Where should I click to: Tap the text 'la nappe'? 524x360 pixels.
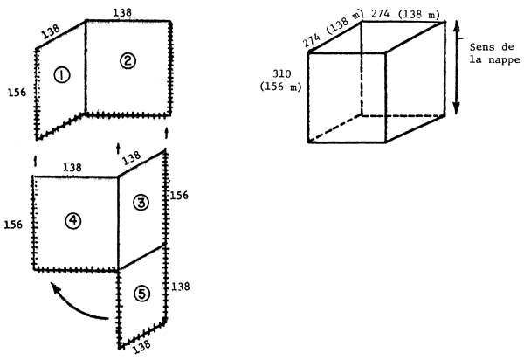click(x=497, y=60)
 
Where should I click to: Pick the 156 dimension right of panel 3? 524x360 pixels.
click(x=179, y=197)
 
